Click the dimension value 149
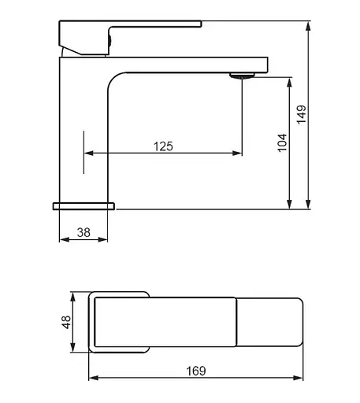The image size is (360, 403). (302, 114)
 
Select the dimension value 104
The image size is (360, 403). (282, 142)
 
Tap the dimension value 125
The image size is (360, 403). (163, 146)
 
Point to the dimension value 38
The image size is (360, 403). (84, 232)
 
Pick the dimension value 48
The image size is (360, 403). (66, 322)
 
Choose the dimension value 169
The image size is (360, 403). (196, 371)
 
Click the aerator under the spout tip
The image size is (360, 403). (242, 76)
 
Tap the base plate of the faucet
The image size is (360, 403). (84, 206)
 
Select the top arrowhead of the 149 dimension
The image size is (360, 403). (309, 27)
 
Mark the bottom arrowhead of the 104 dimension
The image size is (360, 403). (289, 204)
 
